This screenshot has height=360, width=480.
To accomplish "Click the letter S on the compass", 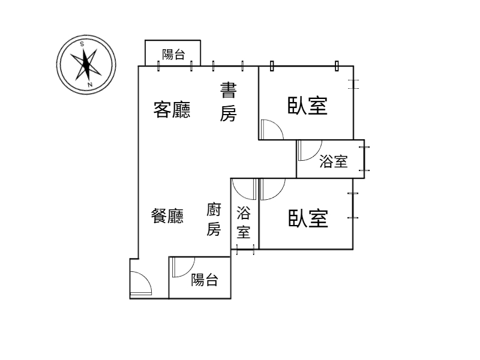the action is [82, 44].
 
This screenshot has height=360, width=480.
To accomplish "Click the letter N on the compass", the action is [89, 85].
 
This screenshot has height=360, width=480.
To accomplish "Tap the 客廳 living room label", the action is [172, 109].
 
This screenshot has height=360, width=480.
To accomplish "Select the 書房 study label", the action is [229, 101].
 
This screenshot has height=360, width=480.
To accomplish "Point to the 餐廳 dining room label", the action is [167, 216].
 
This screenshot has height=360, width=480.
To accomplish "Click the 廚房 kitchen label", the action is [214, 219].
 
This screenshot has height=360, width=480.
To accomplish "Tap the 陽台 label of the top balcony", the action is [173, 55].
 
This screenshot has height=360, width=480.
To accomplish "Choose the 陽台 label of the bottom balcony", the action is [205, 280].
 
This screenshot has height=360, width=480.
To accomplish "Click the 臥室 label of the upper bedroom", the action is [307, 106].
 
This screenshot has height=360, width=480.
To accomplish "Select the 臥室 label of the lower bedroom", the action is [308, 218].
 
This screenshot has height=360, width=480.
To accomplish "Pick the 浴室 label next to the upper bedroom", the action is [334, 161].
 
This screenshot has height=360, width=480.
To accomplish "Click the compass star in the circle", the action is [86, 64].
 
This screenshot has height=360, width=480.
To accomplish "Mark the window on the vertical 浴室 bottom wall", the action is [245, 249].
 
